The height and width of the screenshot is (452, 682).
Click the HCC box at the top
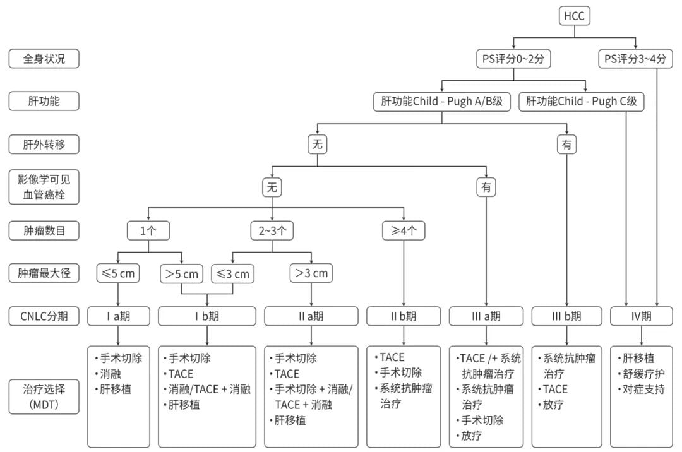[575, 16]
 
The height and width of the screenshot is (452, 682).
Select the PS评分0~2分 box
[513, 59]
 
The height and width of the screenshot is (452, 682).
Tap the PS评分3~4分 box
[636, 59]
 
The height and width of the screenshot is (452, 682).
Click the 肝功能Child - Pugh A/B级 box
[441, 101]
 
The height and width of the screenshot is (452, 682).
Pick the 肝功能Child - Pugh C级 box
[582, 101]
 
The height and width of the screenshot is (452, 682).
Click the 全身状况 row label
[44, 59]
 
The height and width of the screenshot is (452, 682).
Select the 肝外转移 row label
[44, 145]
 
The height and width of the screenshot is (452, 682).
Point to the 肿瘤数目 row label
[44, 230]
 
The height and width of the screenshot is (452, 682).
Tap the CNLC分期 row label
[44, 316]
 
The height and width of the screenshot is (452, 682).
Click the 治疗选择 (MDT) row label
[44, 396]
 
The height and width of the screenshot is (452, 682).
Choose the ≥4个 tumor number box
[404, 230]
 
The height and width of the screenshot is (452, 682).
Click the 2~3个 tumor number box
[272, 230]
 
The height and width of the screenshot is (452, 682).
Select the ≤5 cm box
[118, 273]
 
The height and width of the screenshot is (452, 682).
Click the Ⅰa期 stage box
[118, 316]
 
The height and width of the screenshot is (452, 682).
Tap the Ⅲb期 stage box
[566, 316]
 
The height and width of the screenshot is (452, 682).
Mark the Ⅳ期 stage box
[642, 316]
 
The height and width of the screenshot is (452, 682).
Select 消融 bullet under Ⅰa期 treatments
[111, 374]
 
